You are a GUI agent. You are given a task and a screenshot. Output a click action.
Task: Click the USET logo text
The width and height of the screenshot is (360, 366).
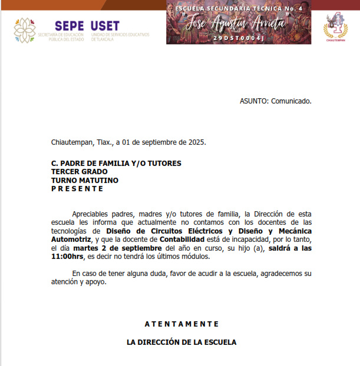105,26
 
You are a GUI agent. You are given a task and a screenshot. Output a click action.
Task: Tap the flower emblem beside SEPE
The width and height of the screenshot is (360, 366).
25,31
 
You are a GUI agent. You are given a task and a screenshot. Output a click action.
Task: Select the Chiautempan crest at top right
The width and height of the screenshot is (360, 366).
335,27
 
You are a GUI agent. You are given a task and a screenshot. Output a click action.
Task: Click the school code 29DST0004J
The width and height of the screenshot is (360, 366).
239,38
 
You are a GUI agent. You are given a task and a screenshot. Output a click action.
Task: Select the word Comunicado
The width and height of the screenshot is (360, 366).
291,101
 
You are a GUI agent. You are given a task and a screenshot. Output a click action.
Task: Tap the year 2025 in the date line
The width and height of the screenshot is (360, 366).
196,142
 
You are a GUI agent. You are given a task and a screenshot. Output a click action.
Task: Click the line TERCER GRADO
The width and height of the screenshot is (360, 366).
79,172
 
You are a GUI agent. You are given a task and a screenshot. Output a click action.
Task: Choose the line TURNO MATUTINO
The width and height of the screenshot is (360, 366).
84,180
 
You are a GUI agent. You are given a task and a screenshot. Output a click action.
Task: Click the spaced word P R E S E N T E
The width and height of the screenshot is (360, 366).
77,189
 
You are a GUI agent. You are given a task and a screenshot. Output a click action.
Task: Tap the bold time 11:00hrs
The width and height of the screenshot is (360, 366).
67,257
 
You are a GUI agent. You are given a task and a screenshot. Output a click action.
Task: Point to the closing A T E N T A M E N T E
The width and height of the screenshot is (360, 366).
181,324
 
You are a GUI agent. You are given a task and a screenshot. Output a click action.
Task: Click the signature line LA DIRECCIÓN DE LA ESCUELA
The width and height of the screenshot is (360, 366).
181,342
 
